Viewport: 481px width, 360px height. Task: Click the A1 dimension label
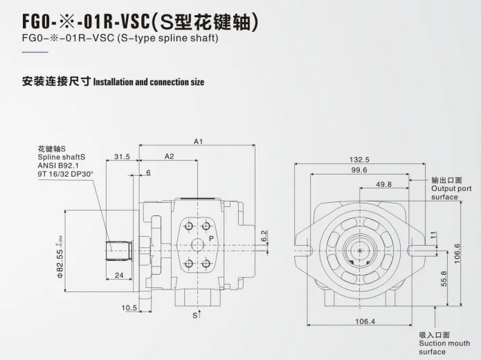click(198, 141)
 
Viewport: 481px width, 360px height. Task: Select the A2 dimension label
click(169, 156)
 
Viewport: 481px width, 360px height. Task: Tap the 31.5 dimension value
click(122, 156)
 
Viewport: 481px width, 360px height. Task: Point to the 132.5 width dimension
click(359, 159)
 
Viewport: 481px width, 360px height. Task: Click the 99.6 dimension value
click(359, 170)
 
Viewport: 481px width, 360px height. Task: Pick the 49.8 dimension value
click(383, 184)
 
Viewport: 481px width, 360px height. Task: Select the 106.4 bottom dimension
click(365, 321)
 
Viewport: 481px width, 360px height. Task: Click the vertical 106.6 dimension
click(457, 253)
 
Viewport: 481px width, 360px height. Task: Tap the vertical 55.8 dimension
click(444, 278)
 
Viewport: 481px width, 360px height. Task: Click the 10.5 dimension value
click(129, 307)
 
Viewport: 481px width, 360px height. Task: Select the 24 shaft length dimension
click(119, 275)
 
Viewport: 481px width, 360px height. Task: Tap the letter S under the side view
click(195, 316)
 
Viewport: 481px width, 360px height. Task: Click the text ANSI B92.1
click(59, 166)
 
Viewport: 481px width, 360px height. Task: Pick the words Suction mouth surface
click(444, 343)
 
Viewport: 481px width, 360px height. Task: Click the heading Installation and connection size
click(149, 82)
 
